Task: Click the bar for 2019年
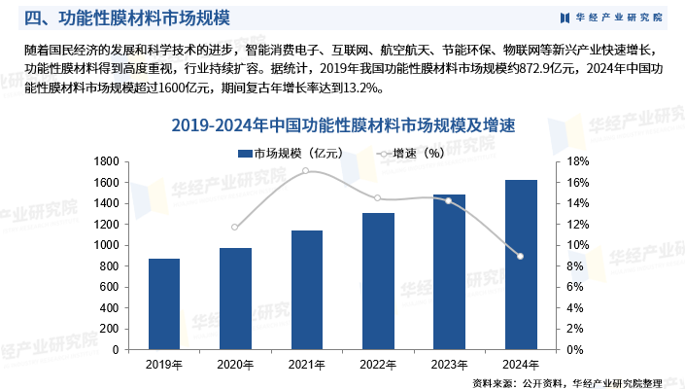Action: click(x=164, y=303)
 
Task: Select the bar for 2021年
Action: click(x=307, y=290)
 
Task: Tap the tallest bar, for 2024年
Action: click(x=521, y=265)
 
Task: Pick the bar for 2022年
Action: click(x=378, y=281)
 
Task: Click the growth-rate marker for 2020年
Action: click(x=235, y=228)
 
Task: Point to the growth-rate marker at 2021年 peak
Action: click(x=307, y=171)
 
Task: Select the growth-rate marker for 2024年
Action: click(x=521, y=256)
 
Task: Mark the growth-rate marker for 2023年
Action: click(x=449, y=200)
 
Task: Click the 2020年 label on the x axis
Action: click(x=235, y=365)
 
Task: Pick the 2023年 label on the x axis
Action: click(x=449, y=365)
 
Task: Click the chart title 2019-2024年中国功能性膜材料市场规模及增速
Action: click(x=342, y=125)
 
